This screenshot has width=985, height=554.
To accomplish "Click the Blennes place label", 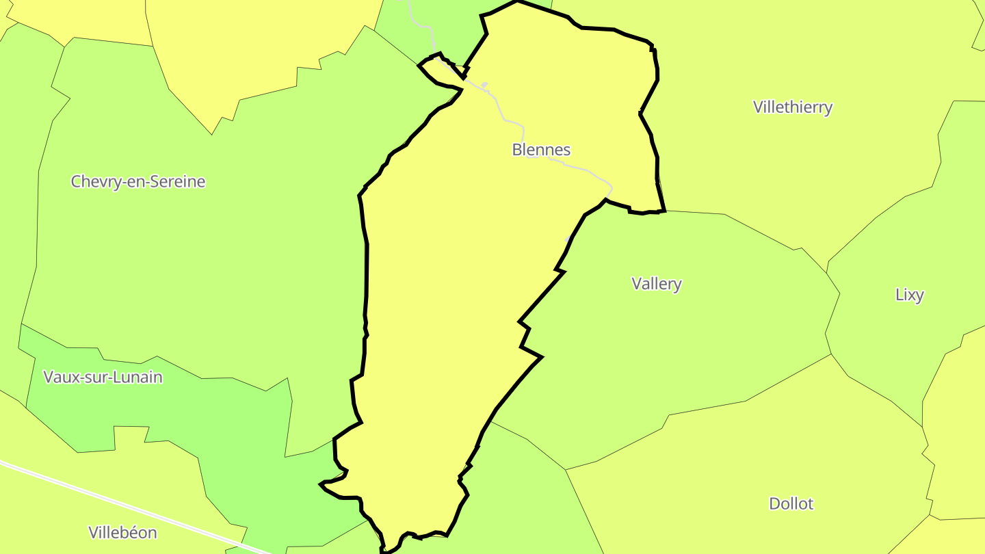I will (x=541, y=150).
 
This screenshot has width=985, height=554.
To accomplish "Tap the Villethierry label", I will (x=793, y=107).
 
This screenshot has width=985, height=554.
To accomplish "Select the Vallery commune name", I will (x=657, y=284).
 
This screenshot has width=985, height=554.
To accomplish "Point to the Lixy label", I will (x=909, y=295).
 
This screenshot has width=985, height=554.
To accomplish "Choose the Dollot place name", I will (x=791, y=504).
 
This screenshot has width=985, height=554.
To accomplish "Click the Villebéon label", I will (x=122, y=533).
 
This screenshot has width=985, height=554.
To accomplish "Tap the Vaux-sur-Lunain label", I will (x=103, y=377).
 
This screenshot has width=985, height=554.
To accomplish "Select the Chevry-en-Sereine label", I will (x=138, y=181).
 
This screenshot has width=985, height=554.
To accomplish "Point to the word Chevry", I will (x=92, y=182).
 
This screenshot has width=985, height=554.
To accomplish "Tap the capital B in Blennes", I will (x=517, y=150).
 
